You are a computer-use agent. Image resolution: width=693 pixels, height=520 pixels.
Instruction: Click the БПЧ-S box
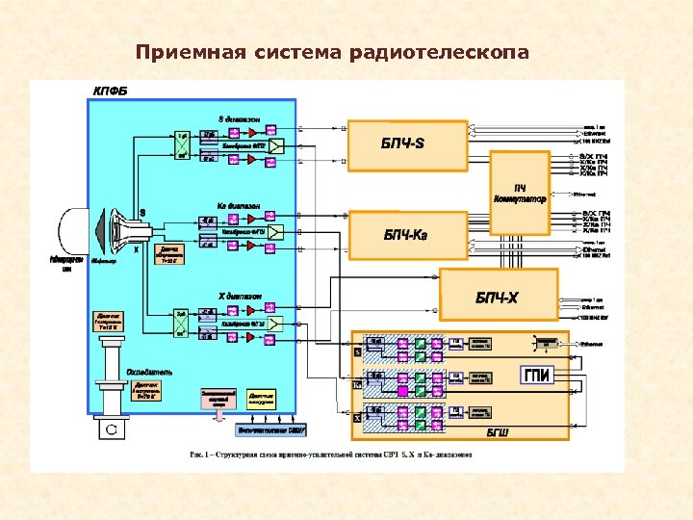tap(407, 145)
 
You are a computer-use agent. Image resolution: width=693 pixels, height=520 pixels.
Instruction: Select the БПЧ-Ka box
tap(407, 234)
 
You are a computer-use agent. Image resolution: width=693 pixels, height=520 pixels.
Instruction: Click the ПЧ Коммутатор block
tap(520, 193)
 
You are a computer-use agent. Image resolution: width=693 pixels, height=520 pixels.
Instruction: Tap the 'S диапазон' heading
tap(239, 117)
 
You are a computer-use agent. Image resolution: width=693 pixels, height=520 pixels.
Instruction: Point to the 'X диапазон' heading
tap(240, 295)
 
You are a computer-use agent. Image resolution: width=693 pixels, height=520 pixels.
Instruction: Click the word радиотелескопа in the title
tap(451, 52)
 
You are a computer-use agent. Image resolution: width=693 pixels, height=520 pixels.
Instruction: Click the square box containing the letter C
tap(111, 429)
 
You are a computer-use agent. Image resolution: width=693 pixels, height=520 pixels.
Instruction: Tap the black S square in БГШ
tap(358, 352)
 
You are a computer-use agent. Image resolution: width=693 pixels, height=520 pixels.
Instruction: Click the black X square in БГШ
tap(358, 418)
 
